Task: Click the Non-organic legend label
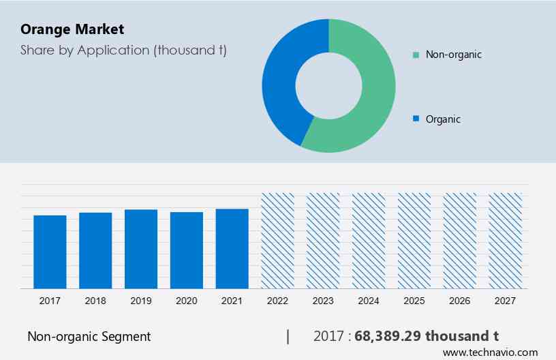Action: (453, 55)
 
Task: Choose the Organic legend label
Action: (443, 119)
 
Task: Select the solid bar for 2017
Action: (50, 252)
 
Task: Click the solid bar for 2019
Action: (141, 249)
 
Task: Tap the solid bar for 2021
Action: (232, 248)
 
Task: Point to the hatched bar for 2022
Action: (278, 241)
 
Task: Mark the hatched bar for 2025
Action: (414, 241)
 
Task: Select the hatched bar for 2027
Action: (506, 241)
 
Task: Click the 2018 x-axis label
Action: (95, 301)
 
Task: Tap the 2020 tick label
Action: (187, 301)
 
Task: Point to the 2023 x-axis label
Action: (323, 301)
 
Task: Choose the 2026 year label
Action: (460, 301)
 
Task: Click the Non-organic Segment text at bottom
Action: (89, 336)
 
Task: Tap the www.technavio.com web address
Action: (490, 352)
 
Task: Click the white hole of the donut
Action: (328, 85)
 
